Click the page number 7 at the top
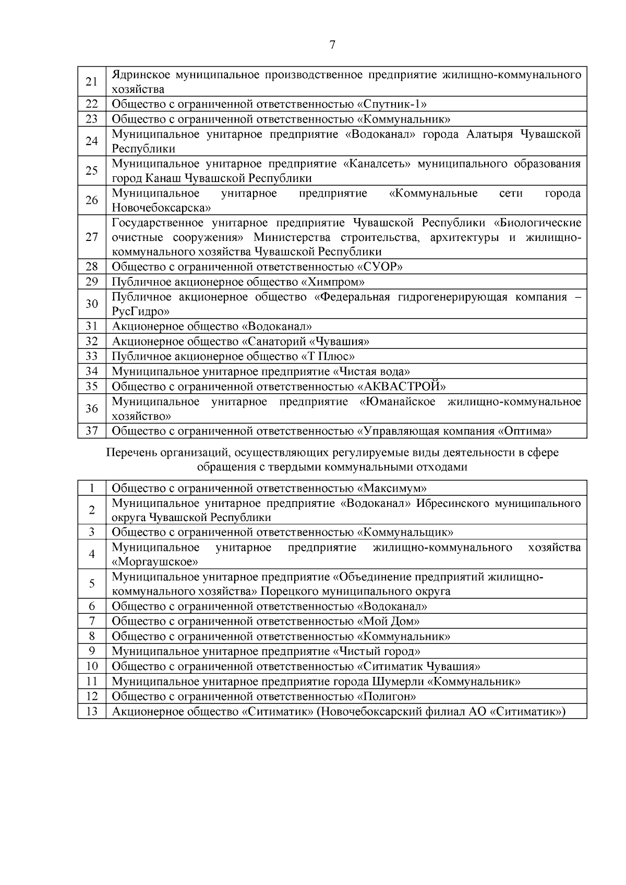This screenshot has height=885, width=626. [x=333, y=45]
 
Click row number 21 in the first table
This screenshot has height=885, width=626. [x=92, y=81]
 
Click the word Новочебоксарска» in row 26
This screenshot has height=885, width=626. [x=161, y=208]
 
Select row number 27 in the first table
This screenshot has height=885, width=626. [x=92, y=237]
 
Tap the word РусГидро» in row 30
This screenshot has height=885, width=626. [x=140, y=312]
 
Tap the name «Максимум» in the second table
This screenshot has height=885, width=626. [x=392, y=489]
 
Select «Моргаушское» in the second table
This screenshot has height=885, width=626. [x=155, y=562]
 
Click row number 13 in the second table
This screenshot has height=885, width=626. [x=92, y=712]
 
